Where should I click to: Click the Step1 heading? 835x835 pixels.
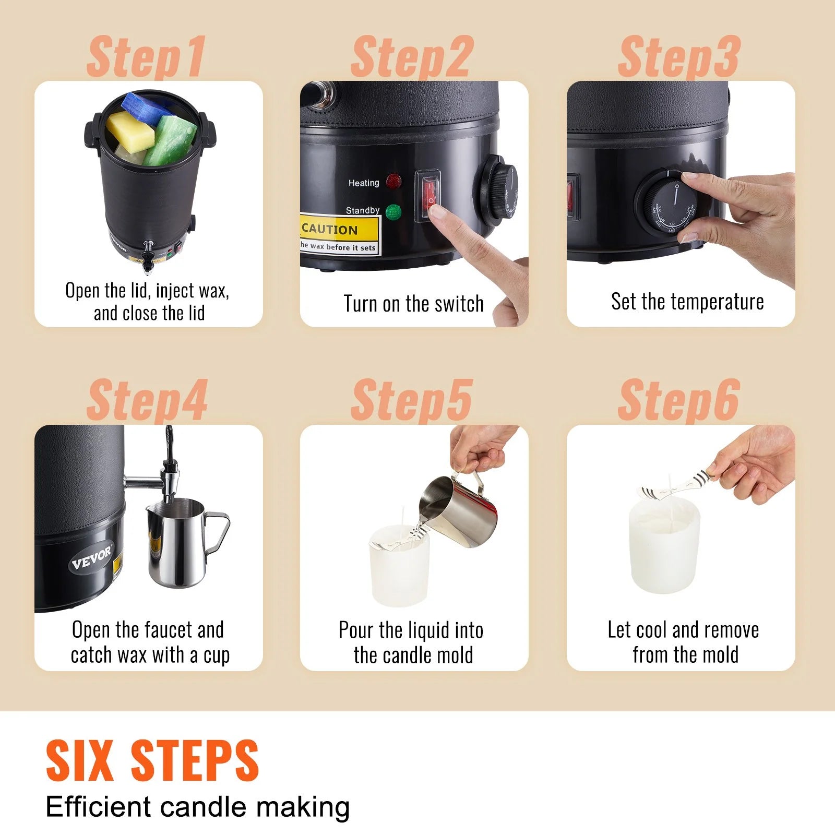[146, 56]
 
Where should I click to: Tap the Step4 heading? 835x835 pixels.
[147, 400]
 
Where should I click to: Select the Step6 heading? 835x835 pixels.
[678, 400]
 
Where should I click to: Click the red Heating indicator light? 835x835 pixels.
[393, 182]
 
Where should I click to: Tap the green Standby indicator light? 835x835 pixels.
[393, 212]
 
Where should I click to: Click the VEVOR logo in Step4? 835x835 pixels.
[92, 558]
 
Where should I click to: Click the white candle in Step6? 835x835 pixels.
[664, 545]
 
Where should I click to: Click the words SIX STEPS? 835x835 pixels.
[152, 760]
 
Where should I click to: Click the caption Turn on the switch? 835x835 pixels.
[413, 304]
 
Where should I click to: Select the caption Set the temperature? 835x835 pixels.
[687, 302]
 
